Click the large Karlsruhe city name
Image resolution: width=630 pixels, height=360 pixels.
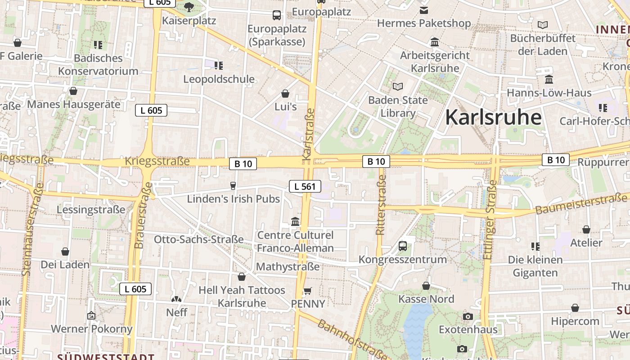(x=493, y=117)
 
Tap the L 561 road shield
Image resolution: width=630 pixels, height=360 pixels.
(x=305, y=186)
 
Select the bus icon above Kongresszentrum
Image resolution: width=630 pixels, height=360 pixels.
(x=403, y=246)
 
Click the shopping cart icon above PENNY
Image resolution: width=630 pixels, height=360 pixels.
(x=308, y=291)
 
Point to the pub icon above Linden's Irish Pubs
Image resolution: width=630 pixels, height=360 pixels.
(x=233, y=185)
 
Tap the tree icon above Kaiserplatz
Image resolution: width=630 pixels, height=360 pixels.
(x=189, y=7)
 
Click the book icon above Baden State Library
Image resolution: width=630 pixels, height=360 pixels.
(x=398, y=86)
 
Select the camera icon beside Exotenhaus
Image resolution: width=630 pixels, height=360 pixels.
(x=468, y=316)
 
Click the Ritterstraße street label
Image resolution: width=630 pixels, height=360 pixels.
(x=381, y=205)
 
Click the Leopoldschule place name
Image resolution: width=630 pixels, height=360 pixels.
(x=219, y=79)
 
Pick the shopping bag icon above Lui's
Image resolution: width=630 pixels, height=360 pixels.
(x=285, y=94)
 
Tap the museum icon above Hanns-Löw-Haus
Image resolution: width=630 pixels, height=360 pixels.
(x=549, y=80)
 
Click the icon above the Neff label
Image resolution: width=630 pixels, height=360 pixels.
(x=176, y=299)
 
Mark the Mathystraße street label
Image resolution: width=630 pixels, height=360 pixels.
(x=288, y=267)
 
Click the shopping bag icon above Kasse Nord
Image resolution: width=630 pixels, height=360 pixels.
(x=426, y=286)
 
